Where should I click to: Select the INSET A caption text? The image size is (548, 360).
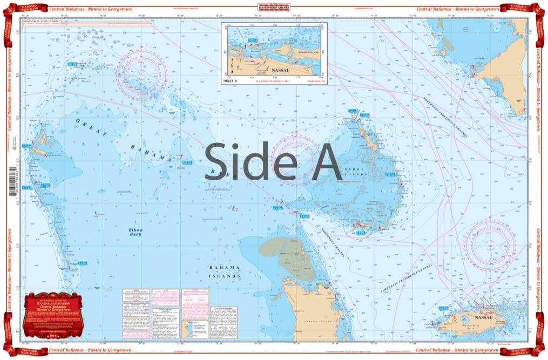[x=230, y=81]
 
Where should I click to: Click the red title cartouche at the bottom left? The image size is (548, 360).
[x=54, y=316]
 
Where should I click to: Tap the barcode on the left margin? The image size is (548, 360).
[x=12, y=182]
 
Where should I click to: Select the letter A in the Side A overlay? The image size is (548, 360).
[x=319, y=162]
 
